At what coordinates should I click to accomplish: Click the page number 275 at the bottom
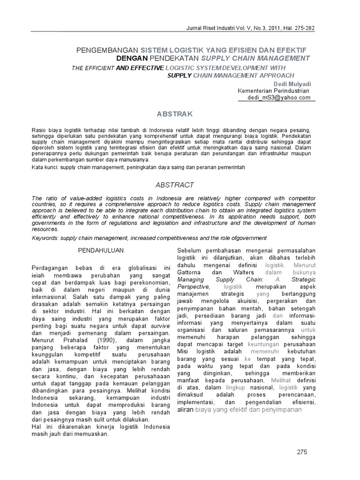pos(302,451)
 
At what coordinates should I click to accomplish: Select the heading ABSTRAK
pos(174,114)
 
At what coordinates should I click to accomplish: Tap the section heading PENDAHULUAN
pos(97,250)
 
